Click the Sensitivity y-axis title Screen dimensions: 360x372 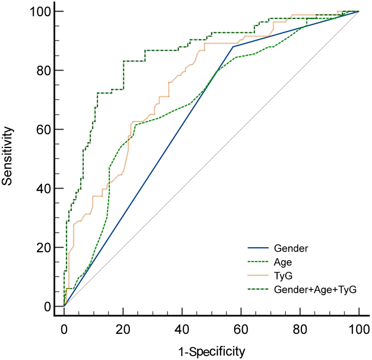pos(7,156)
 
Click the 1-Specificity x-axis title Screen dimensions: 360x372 pos(212,351)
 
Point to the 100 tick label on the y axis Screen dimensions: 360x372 pos(40,12)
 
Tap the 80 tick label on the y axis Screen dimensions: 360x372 pos(44,71)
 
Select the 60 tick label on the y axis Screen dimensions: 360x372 pos(44,130)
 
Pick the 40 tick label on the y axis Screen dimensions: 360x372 pos(44,189)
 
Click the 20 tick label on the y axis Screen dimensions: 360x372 pos(44,248)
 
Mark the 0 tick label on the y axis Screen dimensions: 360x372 pos(47,307)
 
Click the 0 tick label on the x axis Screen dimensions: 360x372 pos(64,329)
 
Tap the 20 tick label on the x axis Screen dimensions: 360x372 pos(123,329)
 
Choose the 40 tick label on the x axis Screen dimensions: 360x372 pos(182,329)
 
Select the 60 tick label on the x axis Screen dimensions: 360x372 pos(241,329)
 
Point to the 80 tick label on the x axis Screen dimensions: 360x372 pos(300,329)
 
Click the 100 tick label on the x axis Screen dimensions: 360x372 pos(359,329)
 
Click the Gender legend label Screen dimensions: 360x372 pos(291,248)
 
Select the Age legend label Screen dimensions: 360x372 pos(283,262)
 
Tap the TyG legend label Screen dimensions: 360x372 pos(283,276)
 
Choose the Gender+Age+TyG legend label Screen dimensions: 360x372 pos(315,290)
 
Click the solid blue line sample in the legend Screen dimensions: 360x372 pos(258,248)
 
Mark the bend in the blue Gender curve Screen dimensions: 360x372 pos(233,47)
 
